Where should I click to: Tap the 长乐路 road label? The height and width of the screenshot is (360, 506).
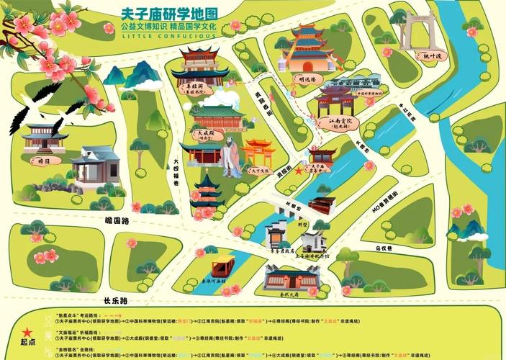pos(114,300)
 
